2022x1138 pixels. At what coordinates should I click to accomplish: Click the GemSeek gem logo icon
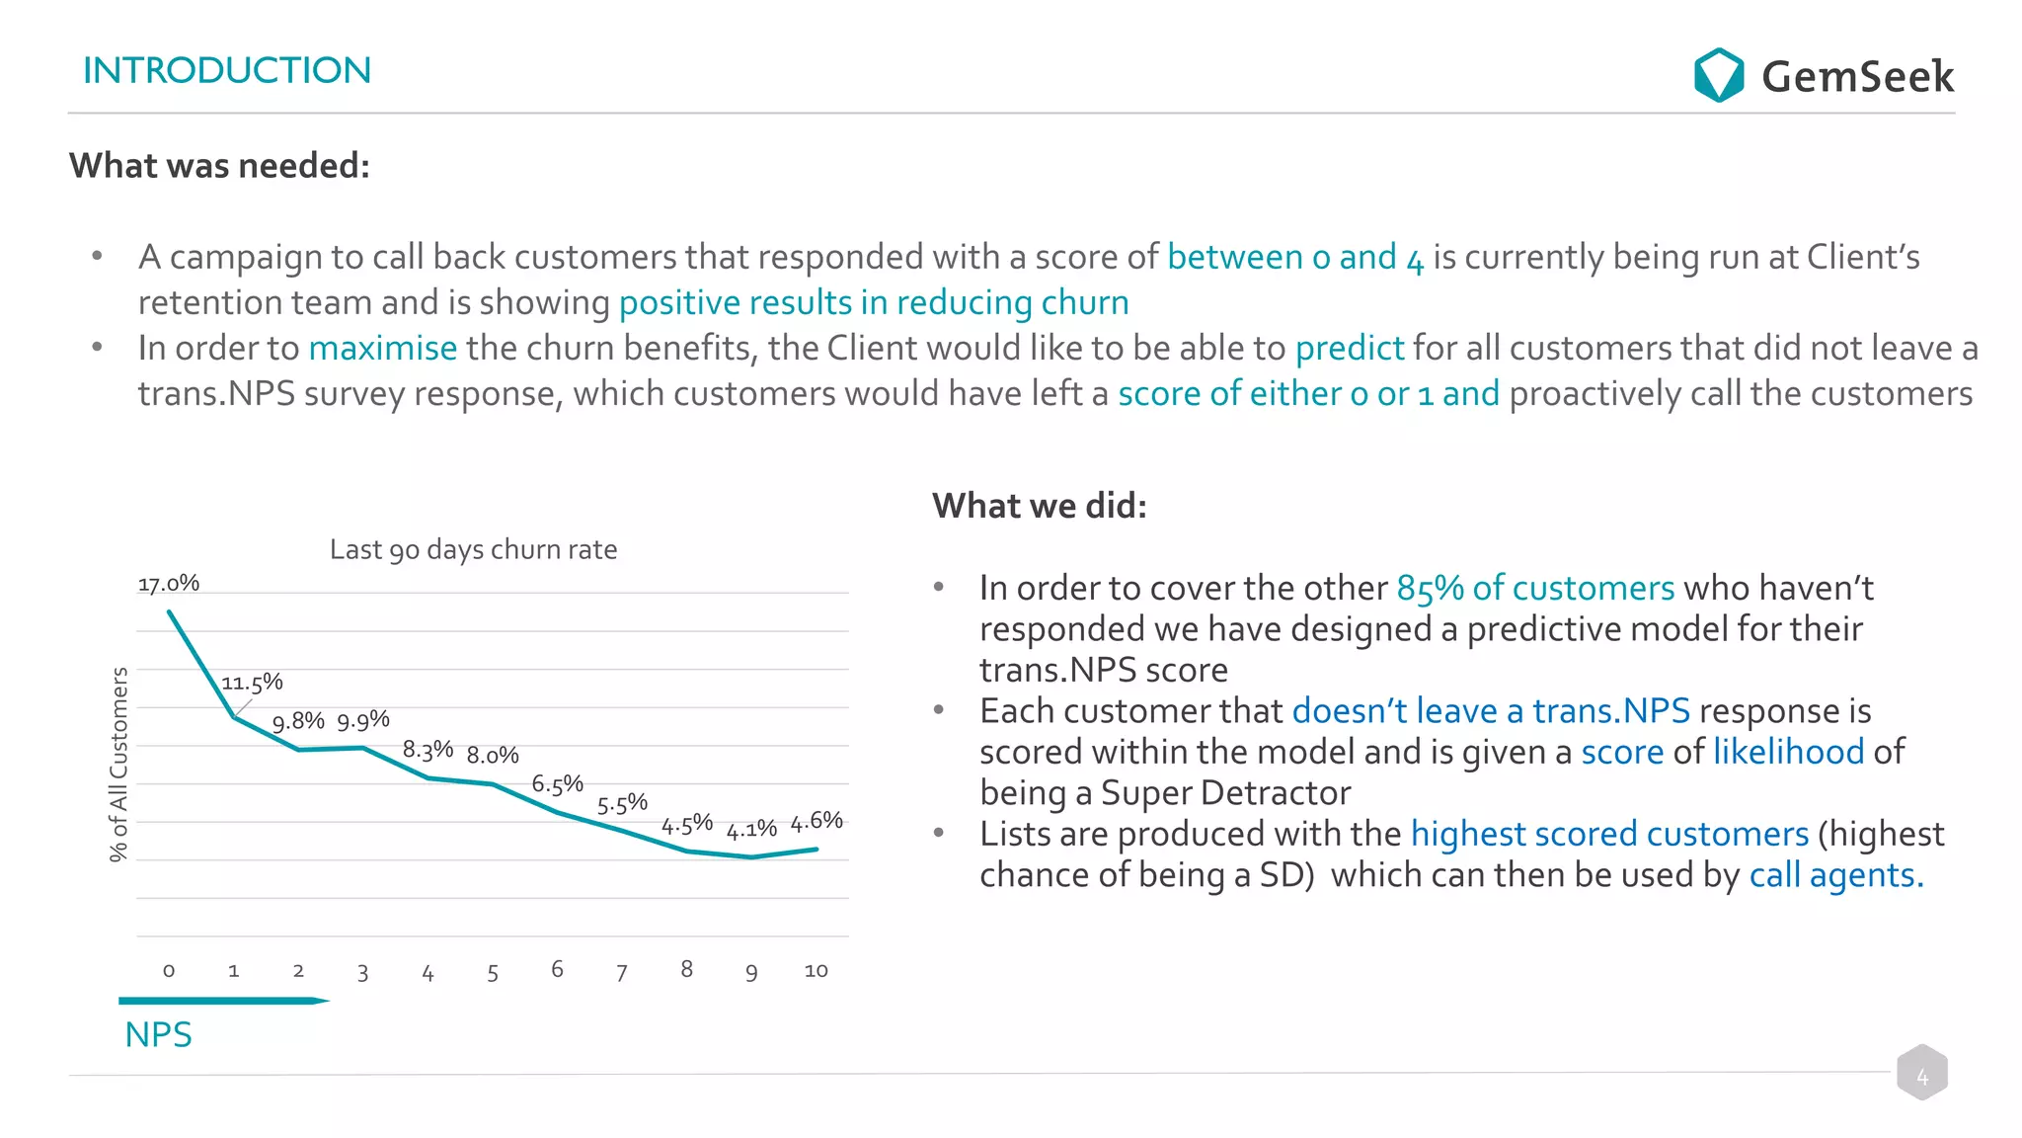pyautogui.click(x=1718, y=75)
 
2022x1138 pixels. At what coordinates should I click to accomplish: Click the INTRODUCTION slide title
pyautogui.click(x=227, y=70)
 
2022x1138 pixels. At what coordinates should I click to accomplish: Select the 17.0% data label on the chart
pyautogui.click(x=169, y=584)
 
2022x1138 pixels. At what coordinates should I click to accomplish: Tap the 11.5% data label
pyautogui.click(x=252, y=683)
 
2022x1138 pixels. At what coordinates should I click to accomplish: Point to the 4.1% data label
pyautogui.click(x=751, y=830)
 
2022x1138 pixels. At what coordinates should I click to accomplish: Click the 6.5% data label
pyautogui.click(x=558, y=784)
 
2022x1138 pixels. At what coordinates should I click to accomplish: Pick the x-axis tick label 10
pyautogui.click(x=816, y=971)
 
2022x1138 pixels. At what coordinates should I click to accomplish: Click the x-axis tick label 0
pyautogui.click(x=169, y=971)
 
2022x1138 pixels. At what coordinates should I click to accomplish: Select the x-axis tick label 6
pyautogui.click(x=557, y=969)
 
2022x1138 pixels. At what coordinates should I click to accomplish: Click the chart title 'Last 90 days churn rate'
pyautogui.click(x=473, y=549)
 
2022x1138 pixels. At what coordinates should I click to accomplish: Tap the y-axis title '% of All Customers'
pyautogui.click(x=118, y=765)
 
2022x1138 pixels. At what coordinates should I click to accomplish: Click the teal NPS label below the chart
pyautogui.click(x=158, y=1034)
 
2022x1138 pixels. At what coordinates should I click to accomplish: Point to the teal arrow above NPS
pyautogui.click(x=223, y=1001)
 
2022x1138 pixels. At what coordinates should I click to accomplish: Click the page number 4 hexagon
pyautogui.click(x=1921, y=1073)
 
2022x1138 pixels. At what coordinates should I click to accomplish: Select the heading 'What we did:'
pyautogui.click(x=1040, y=506)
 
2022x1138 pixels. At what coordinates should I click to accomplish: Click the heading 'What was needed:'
pyautogui.click(x=219, y=166)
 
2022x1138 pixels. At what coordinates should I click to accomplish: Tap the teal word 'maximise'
pyautogui.click(x=383, y=348)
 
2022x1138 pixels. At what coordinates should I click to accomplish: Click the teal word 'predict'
pyautogui.click(x=1349, y=348)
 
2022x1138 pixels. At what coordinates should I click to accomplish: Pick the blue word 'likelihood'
pyautogui.click(x=1788, y=752)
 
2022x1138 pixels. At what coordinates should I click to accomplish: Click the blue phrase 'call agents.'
pyautogui.click(x=1835, y=875)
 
